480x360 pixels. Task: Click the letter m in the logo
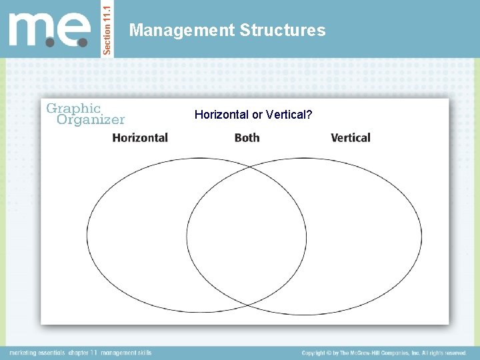(33, 30)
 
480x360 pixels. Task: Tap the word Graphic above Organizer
(73, 108)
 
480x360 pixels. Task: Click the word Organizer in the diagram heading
(91, 120)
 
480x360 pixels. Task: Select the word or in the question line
(257, 115)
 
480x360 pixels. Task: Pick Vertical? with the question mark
(289, 115)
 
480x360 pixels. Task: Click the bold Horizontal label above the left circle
(140, 138)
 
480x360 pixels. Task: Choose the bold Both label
(247, 138)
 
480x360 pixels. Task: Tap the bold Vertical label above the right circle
(351, 138)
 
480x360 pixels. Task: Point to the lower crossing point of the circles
(247, 305)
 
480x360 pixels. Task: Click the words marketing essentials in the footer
(37, 353)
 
